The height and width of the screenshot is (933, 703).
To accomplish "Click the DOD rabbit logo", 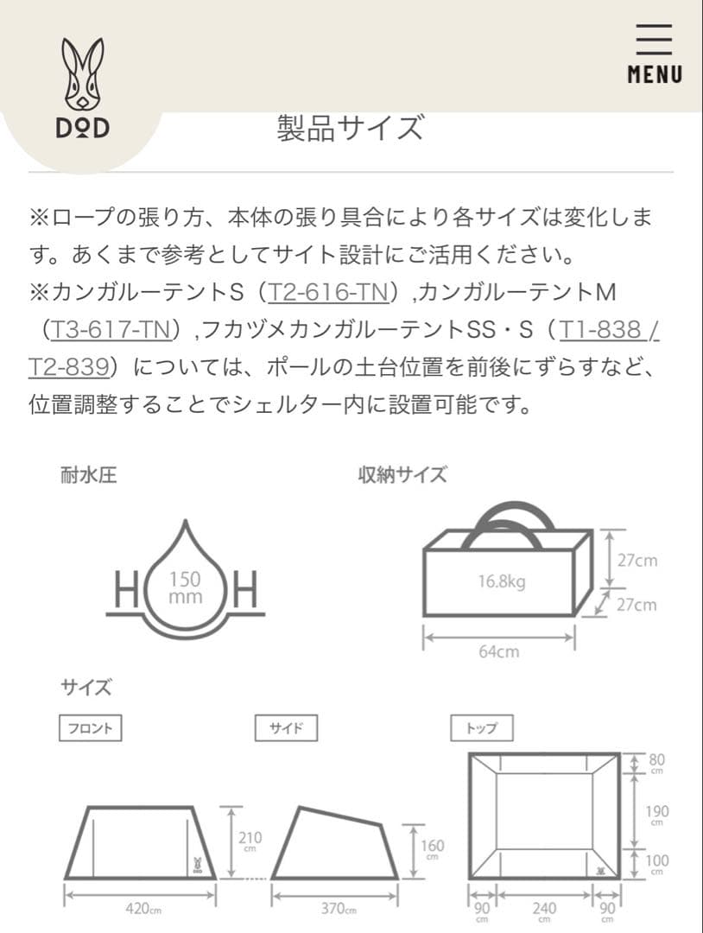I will (x=83, y=86).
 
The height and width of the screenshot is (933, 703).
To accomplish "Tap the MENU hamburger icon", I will (x=654, y=54).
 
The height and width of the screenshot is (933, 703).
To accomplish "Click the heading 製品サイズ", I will (x=351, y=128).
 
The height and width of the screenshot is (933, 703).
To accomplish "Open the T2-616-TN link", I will (x=327, y=292).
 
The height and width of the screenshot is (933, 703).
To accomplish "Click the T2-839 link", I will (x=68, y=366).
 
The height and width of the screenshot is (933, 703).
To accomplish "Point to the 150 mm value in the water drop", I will (x=185, y=587).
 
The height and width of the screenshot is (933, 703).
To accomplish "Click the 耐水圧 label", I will (x=88, y=474).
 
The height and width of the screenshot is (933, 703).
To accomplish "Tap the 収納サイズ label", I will (x=402, y=474).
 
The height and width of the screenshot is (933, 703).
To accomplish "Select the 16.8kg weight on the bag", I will (x=501, y=581).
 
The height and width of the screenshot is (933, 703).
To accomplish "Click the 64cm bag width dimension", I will (x=499, y=651).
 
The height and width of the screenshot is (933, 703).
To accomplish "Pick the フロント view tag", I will (x=90, y=728).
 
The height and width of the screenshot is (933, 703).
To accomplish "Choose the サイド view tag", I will (x=286, y=728).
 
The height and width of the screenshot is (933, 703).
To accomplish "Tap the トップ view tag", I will (x=481, y=728).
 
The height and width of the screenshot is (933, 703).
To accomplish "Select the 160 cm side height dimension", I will (x=432, y=848).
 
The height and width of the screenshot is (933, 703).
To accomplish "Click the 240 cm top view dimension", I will (x=544, y=911).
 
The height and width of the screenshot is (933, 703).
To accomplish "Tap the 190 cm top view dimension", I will (x=657, y=815).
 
